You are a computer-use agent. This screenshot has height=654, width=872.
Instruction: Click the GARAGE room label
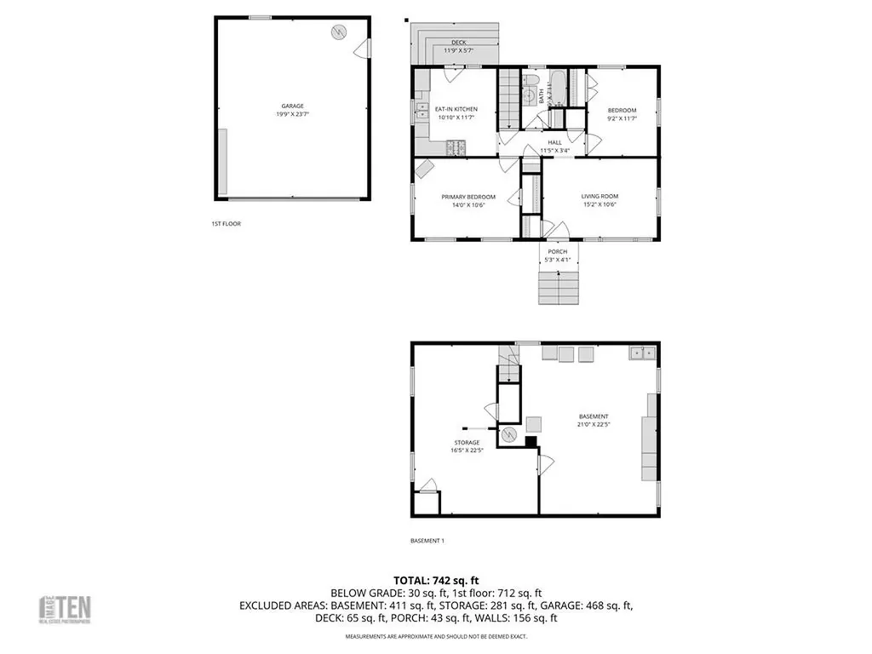(x=293, y=106)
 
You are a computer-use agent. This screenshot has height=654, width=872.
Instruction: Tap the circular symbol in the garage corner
(x=339, y=32)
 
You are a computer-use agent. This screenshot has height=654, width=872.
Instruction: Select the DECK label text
(x=459, y=42)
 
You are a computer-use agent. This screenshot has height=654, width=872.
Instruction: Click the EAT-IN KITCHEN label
(x=456, y=109)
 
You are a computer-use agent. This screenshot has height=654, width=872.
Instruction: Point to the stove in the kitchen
(x=455, y=148)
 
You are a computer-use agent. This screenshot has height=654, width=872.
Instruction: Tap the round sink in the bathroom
(x=529, y=95)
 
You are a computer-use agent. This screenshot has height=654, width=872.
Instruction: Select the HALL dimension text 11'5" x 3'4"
(x=554, y=151)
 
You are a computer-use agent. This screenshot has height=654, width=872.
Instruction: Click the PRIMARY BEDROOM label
(x=468, y=197)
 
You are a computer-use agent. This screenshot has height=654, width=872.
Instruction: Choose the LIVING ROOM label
(x=599, y=197)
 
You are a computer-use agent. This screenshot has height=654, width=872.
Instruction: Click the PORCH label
(x=558, y=251)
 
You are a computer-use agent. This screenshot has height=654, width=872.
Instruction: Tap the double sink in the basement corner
(x=643, y=352)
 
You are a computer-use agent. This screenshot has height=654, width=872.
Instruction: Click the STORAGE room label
(x=467, y=442)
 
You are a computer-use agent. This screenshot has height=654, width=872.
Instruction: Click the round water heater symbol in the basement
(x=508, y=434)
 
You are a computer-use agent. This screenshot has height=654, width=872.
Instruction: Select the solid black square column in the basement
(x=531, y=441)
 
